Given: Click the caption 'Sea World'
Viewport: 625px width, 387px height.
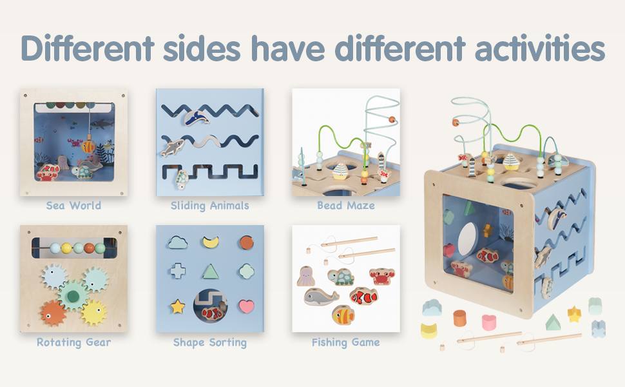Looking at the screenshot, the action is pyautogui.click(x=73, y=206).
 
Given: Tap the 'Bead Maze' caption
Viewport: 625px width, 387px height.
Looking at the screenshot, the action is pyautogui.click(x=346, y=206).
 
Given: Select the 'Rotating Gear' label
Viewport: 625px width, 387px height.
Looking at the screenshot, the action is pyautogui.click(x=73, y=342).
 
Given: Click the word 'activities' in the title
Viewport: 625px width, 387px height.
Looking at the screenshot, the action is pyautogui.click(x=540, y=48).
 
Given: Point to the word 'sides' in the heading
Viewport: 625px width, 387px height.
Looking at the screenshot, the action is pyautogui.click(x=202, y=48).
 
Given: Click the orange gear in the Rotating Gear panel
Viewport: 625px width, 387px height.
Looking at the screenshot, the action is pyautogui.click(x=53, y=313).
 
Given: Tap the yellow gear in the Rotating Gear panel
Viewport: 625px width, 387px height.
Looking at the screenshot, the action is pyautogui.click(x=94, y=312).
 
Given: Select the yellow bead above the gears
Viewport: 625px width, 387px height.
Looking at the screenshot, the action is pyautogui.click(x=66, y=248).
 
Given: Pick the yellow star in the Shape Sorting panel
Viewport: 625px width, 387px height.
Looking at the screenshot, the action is pyautogui.click(x=178, y=306).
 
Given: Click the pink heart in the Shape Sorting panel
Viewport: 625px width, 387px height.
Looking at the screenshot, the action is pyautogui.click(x=246, y=306).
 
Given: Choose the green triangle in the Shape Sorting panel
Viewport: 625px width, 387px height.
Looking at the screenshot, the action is pyautogui.click(x=211, y=272).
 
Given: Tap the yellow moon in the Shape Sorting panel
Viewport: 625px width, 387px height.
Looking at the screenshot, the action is pyautogui.click(x=211, y=242).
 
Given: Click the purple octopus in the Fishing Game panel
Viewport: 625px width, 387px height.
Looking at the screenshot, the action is pyautogui.click(x=305, y=276).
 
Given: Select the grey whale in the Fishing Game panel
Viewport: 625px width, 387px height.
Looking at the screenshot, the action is pyautogui.click(x=322, y=297).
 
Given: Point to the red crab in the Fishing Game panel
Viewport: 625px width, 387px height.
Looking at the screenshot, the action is pyautogui.click(x=382, y=276).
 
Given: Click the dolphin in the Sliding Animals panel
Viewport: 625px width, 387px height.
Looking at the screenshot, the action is pyautogui.click(x=197, y=117).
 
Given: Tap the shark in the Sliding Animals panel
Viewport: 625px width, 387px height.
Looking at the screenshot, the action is pyautogui.click(x=172, y=147).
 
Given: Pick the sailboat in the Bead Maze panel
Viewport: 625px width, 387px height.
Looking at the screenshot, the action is pyautogui.click(x=340, y=171).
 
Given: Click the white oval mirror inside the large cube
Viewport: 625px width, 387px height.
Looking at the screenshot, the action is pyautogui.click(x=468, y=239).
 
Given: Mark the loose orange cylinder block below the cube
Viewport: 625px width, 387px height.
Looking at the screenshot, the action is pyautogui.click(x=459, y=319).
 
